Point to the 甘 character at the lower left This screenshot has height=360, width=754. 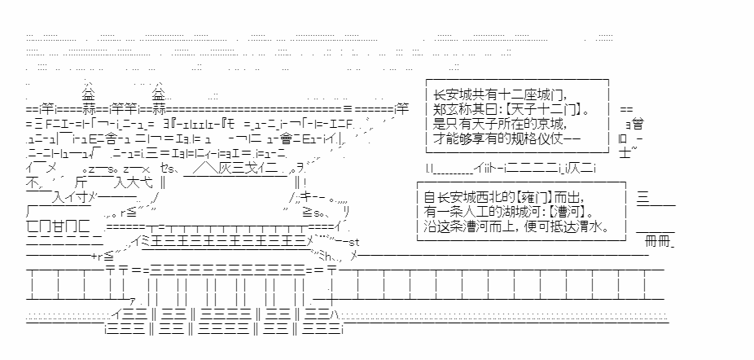[44, 225]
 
